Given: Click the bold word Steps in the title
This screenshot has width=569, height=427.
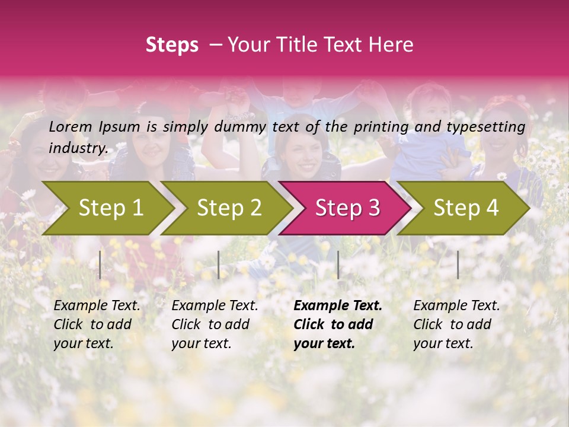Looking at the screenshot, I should [172, 45].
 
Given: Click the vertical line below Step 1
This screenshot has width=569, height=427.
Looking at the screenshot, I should [100, 265].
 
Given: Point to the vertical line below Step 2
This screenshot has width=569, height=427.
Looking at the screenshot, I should [219, 265].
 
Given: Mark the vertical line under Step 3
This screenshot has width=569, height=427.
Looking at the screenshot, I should [338, 265].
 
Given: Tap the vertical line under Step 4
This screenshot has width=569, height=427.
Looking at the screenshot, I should [458, 265].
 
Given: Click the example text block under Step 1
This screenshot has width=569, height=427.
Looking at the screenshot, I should [97, 324].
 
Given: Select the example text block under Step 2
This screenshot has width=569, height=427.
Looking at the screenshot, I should [215, 324].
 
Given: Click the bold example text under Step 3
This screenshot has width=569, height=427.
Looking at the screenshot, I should [337, 324].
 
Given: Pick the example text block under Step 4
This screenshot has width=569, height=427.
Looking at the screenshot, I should [456, 324].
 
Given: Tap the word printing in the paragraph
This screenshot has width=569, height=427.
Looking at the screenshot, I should [378, 127].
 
